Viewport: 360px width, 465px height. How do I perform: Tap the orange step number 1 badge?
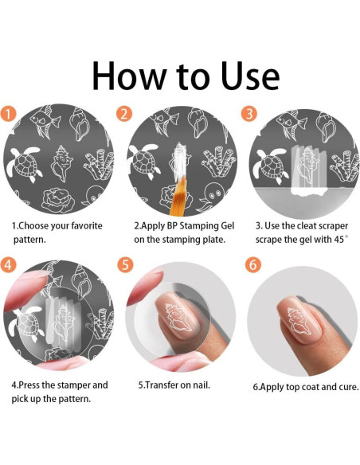tap(8, 115)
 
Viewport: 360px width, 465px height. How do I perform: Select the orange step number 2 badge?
tap(124, 114)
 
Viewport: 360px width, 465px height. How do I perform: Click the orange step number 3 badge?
tap(249, 114)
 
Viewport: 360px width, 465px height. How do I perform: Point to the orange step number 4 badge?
tap(8, 264)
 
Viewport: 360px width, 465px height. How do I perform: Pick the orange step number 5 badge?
tap(125, 264)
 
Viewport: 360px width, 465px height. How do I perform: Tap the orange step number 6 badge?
tap(252, 264)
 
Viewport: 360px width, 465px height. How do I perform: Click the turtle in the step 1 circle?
tap(25, 162)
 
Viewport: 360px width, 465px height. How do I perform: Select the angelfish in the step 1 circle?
tap(45, 121)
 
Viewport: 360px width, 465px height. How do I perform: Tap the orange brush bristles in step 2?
tap(178, 195)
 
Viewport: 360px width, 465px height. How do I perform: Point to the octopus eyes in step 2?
tap(215, 195)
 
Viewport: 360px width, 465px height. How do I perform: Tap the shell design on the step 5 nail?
tap(178, 318)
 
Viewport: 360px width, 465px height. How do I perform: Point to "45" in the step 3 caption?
tap(339, 240)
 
